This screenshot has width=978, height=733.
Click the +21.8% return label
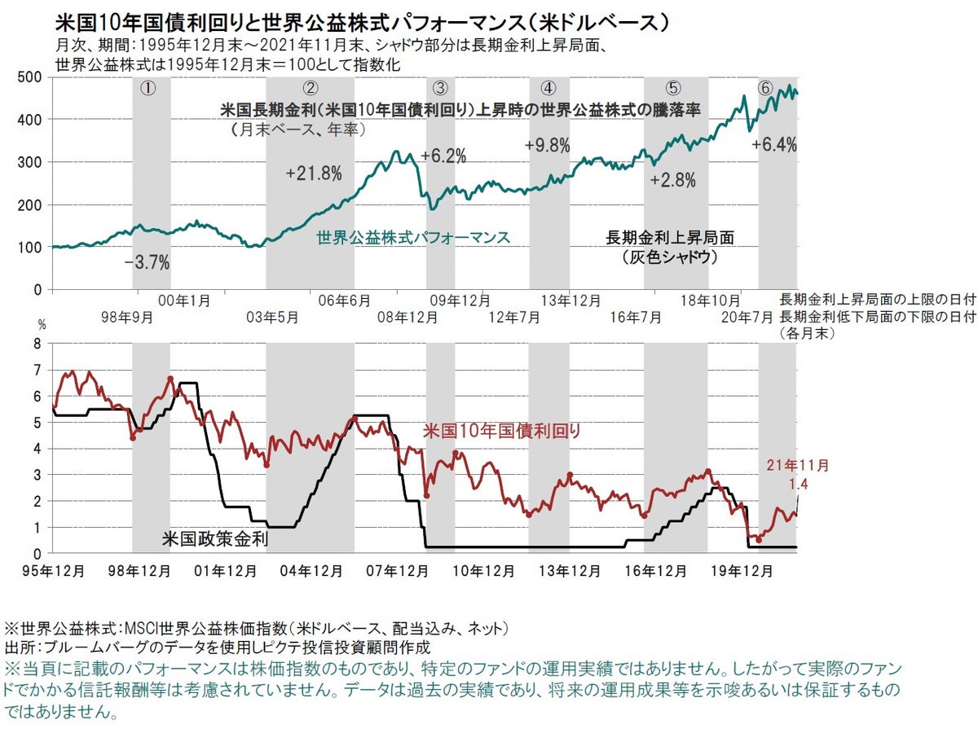pos(314,173)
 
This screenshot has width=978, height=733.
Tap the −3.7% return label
pos(147,262)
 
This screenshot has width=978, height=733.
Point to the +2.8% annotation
pos(673,181)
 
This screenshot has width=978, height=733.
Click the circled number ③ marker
pos(440,88)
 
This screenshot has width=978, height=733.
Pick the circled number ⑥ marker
pos(764,88)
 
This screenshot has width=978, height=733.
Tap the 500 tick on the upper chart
pos(31,77)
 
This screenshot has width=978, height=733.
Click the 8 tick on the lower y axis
pos(36,344)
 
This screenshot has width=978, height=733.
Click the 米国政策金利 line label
pos(215,538)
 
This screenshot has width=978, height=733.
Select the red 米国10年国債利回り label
pos(502,432)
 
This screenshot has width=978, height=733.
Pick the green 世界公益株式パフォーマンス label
pos(412,238)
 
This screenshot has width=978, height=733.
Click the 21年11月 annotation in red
pos(797,466)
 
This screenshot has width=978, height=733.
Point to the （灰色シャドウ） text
pos(670,257)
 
